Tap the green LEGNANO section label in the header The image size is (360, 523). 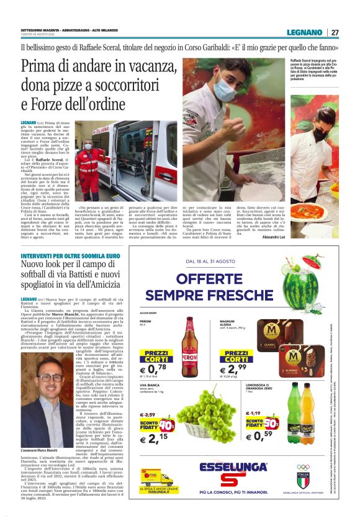click(304, 32)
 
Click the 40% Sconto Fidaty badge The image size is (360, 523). click(166, 426)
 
